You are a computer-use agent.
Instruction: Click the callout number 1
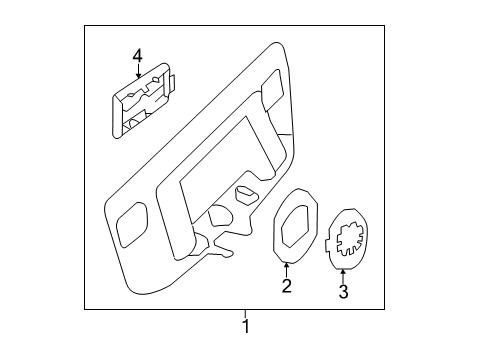point(246,326)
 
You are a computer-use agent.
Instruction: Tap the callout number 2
point(287,286)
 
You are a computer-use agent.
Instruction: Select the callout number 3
point(343,291)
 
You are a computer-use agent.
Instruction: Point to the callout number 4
point(137,56)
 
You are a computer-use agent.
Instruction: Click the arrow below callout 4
point(138,71)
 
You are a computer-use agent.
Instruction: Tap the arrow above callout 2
point(286,270)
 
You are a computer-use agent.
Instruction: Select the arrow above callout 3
point(343,276)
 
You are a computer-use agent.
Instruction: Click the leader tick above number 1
point(245,314)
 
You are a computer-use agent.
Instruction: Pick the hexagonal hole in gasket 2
point(296,226)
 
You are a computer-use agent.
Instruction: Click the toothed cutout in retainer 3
point(350,239)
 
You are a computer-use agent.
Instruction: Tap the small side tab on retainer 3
point(327,243)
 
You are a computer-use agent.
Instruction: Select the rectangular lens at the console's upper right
point(272,89)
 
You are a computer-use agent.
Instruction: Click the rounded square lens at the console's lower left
point(132,225)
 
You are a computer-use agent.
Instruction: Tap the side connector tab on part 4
point(172,83)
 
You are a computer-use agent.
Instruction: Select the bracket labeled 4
point(142,101)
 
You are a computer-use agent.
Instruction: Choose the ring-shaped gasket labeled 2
point(295,226)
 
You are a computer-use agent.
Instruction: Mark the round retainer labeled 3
point(347,239)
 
